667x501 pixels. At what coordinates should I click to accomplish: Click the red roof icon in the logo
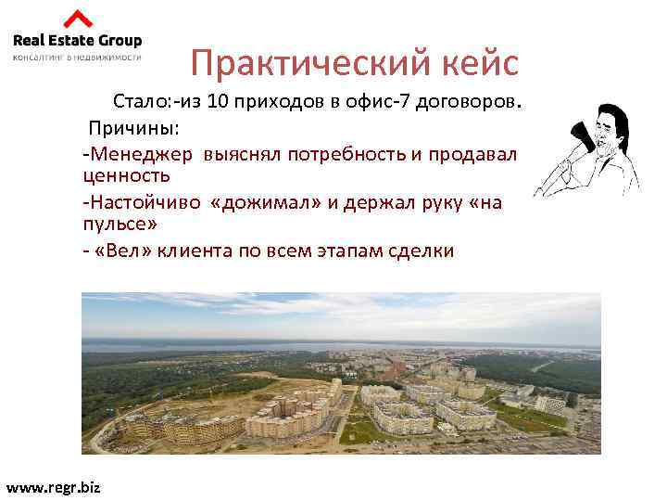click(x=78, y=19)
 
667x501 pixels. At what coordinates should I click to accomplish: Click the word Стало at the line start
click(x=138, y=101)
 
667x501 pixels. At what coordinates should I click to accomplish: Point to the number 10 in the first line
click(x=220, y=101)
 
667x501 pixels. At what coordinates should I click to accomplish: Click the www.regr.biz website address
click(x=53, y=488)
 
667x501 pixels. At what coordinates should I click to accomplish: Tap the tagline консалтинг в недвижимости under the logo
click(x=76, y=57)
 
